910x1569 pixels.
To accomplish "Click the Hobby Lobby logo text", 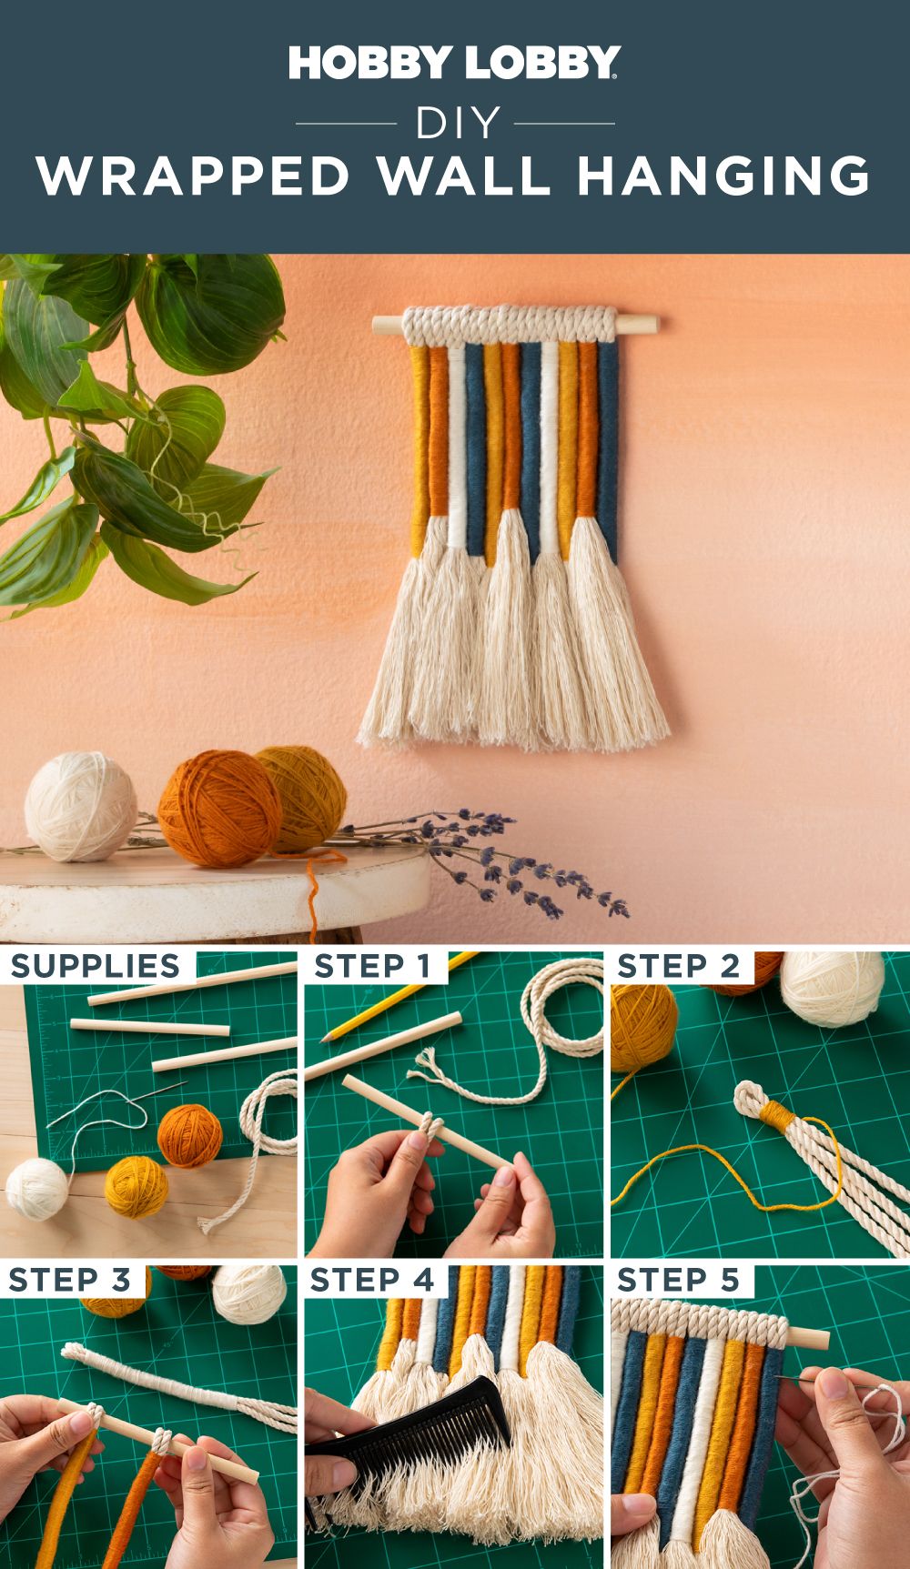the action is point(455,63).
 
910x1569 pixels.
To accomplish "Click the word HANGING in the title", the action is point(724,175).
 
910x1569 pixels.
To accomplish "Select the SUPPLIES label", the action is point(95,966).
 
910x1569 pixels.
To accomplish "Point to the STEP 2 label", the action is point(679,966).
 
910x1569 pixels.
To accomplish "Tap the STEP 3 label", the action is point(69,1280).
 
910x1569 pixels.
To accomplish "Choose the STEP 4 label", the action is point(372,1280).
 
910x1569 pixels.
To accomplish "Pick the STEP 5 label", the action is point(679,1280).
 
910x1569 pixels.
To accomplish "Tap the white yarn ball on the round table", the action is point(81,807).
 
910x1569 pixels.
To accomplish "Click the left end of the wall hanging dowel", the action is point(375,325).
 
